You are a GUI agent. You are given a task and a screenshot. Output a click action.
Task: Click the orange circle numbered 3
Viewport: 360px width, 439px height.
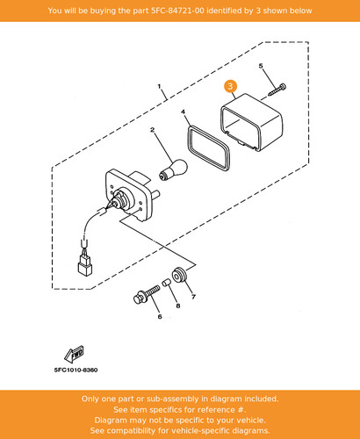230,86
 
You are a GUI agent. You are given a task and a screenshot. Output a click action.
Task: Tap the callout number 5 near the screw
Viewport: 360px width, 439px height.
261,66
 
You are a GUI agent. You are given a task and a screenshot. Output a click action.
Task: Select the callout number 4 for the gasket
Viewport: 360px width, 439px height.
183,112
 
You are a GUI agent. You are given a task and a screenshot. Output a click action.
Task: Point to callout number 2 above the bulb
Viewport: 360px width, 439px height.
152,130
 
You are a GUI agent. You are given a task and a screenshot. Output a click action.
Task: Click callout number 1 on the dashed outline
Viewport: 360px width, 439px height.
159,86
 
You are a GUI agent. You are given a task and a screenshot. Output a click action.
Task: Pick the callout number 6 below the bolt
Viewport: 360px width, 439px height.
160,317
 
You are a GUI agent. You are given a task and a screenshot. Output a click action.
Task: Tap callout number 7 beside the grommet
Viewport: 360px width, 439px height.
193,297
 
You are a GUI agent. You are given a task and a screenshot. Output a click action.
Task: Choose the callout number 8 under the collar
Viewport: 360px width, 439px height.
178,306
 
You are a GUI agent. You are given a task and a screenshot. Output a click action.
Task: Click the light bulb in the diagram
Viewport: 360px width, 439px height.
173,169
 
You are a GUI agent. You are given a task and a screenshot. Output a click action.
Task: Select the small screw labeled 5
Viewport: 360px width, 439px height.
277,90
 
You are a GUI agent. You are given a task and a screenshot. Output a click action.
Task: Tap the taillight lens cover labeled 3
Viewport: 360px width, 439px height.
251,122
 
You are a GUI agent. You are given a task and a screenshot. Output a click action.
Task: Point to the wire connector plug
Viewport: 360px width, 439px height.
85,265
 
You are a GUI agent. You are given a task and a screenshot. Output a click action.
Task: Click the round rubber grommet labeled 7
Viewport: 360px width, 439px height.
179,275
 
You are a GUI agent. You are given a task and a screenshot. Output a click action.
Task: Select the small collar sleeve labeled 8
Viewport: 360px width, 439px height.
167,283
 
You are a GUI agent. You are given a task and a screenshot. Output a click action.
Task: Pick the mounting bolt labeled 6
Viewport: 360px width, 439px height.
146,295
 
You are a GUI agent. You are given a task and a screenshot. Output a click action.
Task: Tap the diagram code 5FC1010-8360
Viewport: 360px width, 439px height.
76,370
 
